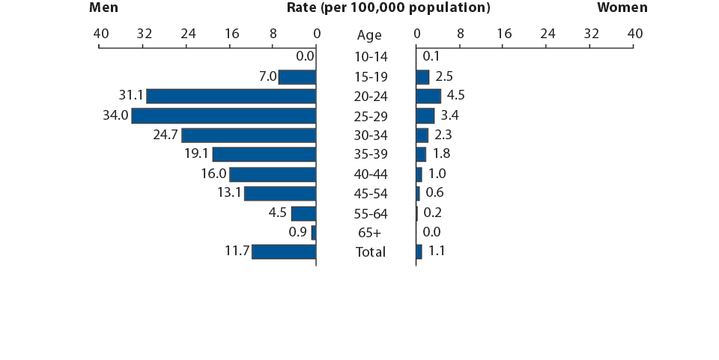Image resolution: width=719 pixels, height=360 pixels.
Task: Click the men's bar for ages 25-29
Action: [x=223, y=115]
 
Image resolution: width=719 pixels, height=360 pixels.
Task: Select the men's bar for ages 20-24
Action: [x=231, y=96]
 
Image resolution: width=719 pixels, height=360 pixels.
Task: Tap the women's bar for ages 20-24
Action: [x=428, y=96]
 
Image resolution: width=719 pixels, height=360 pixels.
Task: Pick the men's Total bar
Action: [x=284, y=251]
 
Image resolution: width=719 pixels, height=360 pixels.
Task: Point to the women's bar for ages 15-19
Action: [x=422, y=76]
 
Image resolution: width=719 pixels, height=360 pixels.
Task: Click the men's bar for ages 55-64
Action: [x=303, y=213]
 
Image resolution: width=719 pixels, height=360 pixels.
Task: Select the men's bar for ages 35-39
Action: [x=264, y=154]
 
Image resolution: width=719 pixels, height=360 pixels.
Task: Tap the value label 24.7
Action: [x=166, y=135]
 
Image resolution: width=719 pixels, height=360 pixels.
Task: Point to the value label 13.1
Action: [x=229, y=193]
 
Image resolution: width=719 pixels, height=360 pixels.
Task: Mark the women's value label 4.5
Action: [x=455, y=96]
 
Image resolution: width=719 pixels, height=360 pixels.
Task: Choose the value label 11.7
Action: [x=237, y=251]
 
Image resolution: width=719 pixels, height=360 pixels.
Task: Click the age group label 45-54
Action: [x=371, y=194]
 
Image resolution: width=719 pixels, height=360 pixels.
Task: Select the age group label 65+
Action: [x=371, y=233]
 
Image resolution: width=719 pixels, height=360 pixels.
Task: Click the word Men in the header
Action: [x=104, y=7]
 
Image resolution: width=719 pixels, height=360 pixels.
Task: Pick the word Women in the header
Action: [x=622, y=7]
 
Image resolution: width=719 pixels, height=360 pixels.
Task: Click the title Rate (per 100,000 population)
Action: [x=388, y=7]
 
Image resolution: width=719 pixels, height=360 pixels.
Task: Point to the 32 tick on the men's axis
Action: [x=145, y=34]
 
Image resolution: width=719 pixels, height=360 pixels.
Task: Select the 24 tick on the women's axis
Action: [x=547, y=34]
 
